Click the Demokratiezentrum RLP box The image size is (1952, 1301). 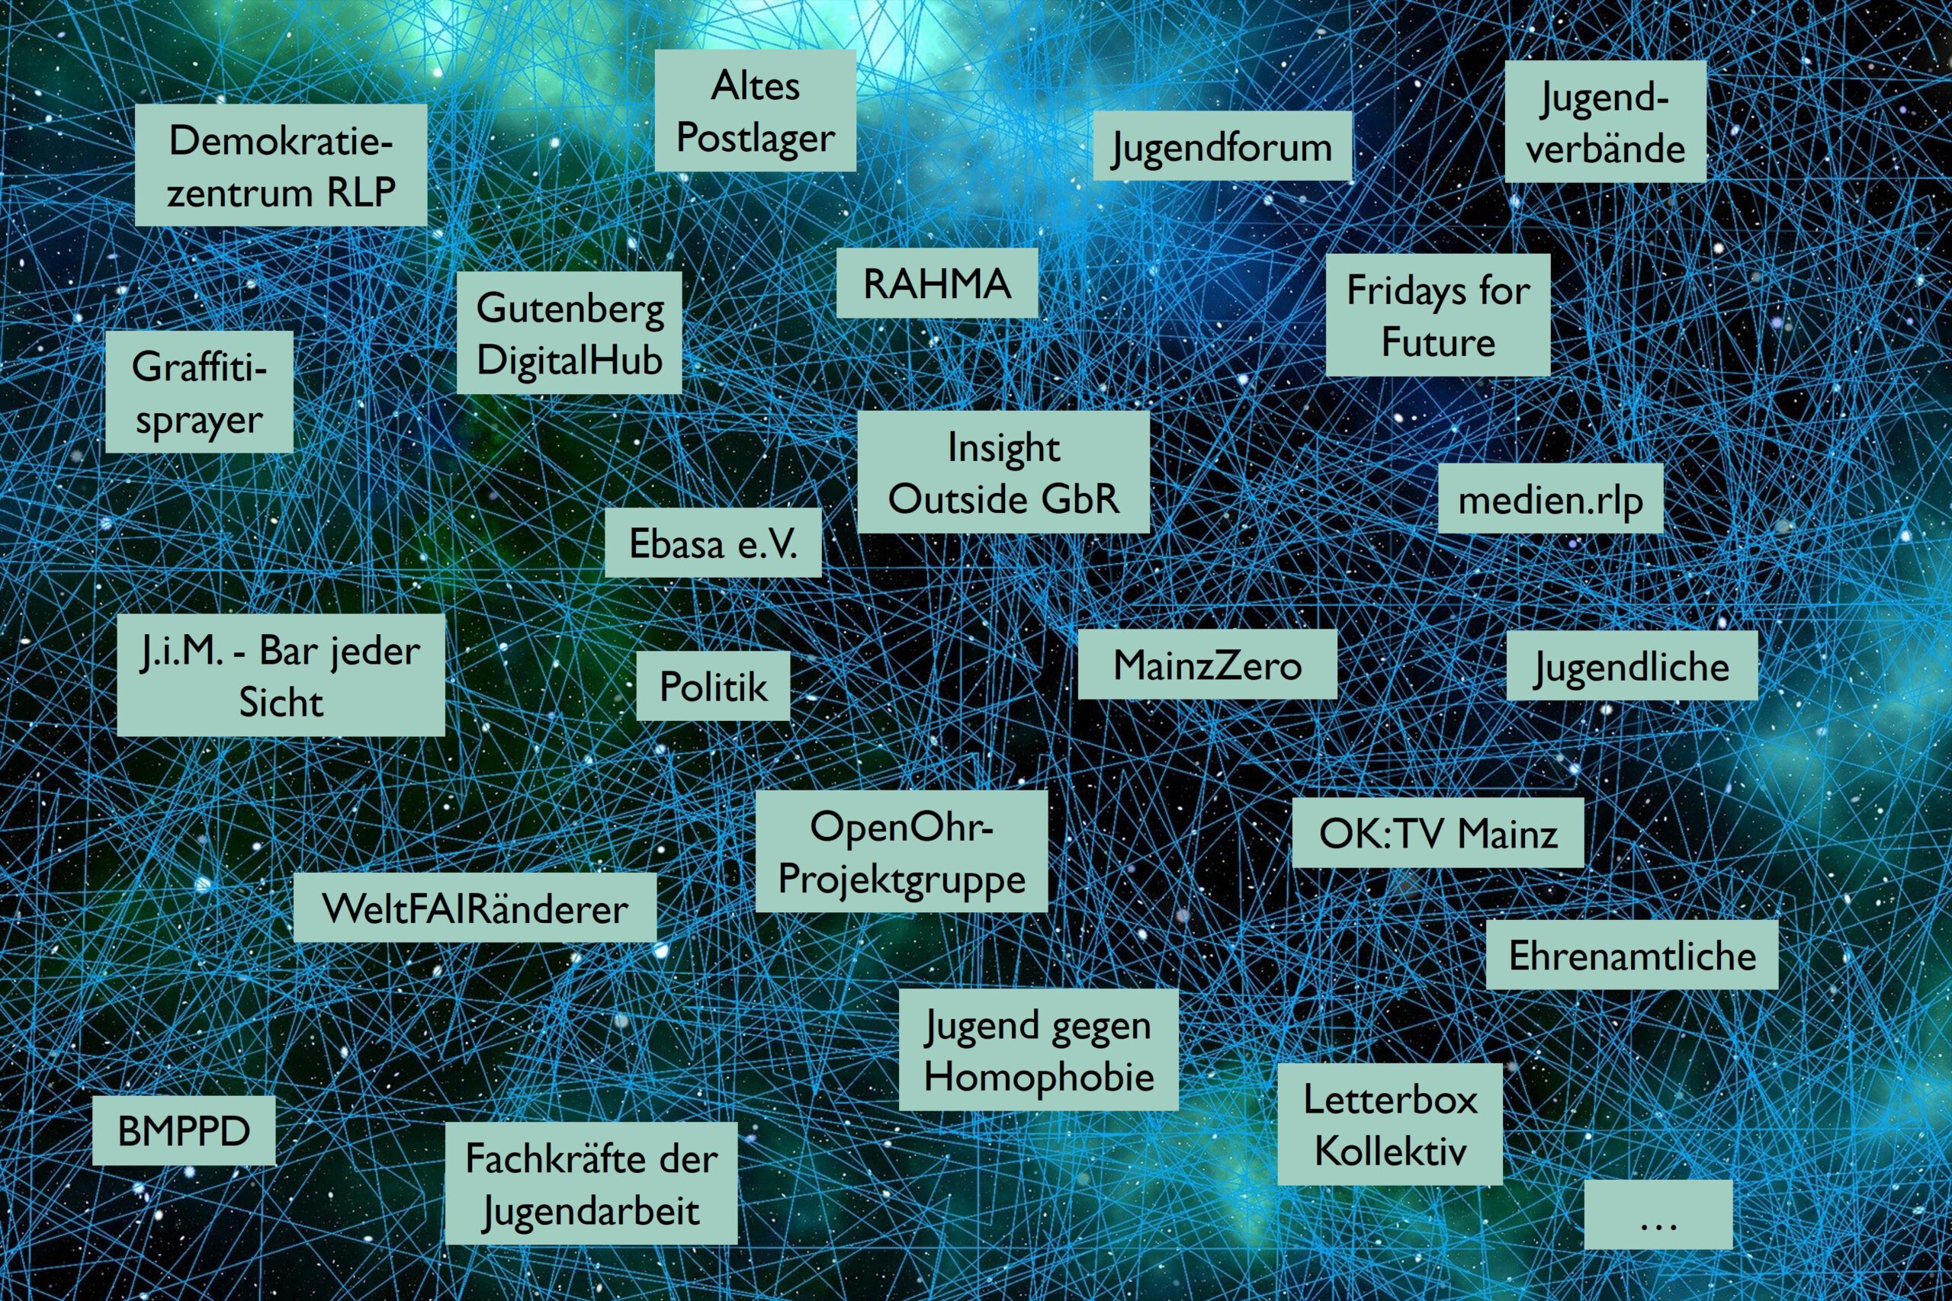click(281, 165)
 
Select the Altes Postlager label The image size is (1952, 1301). click(755, 111)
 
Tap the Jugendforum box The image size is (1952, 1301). click(1222, 146)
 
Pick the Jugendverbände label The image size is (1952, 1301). click(1605, 122)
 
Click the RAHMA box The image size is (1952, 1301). click(937, 283)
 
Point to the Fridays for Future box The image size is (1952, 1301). click(1438, 316)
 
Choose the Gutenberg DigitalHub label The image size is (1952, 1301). click(570, 333)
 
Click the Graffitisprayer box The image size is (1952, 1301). click(199, 393)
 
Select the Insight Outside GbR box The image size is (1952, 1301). click(1003, 472)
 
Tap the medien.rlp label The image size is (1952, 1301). click(1550, 498)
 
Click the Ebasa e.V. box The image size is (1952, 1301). click(713, 543)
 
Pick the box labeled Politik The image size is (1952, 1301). click(713, 685)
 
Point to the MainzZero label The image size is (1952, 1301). click(1208, 664)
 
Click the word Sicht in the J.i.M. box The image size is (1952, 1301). click(281, 702)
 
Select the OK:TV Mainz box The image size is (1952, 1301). click(1438, 833)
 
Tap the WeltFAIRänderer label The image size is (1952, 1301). click(475, 908)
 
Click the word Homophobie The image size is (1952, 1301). click(1039, 1077)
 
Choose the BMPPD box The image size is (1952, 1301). click(184, 1131)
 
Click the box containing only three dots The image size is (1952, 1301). click(1658, 1215)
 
